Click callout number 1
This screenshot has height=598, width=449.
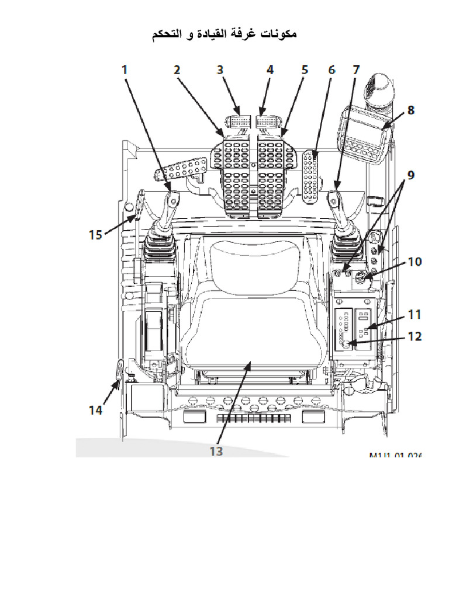(x=124, y=69)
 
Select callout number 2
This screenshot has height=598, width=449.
(x=177, y=69)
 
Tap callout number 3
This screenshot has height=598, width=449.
(x=220, y=69)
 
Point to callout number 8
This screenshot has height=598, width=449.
(x=411, y=110)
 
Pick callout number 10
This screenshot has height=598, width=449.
(x=414, y=261)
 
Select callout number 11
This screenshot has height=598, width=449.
(x=414, y=315)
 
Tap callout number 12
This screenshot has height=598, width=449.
(x=414, y=336)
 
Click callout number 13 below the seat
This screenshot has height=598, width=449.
(x=216, y=451)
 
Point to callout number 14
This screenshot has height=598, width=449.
(x=95, y=410)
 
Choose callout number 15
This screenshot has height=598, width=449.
(x=95, y=235)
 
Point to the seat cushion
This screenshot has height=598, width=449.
(x=251, y=333)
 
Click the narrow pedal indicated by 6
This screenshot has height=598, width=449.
(x=312, y=175)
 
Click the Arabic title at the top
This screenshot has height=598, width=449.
(x=224, y=34)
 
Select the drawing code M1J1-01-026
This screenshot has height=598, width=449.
(x=395, y=456)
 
